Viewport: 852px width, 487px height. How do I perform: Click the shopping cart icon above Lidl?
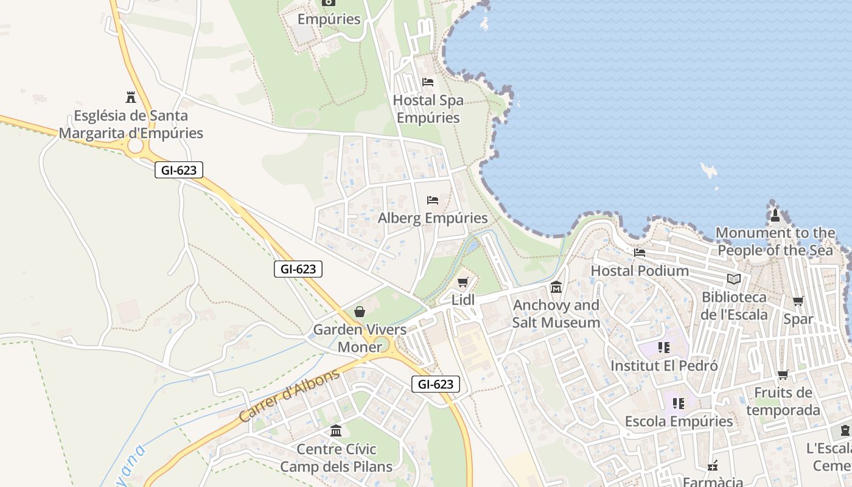(463, 282)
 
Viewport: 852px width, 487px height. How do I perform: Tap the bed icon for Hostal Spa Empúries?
(428, 82)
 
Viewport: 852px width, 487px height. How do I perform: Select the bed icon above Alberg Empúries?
(433, 200)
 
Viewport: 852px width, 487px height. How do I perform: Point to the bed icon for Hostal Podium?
(640, 253)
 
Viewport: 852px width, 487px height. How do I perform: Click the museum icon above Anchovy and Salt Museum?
(556, 287)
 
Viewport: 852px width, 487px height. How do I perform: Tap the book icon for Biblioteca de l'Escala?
(734, 279)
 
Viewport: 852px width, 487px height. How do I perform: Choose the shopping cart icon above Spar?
(798, 301)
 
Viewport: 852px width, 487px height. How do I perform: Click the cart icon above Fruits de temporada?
(783, 374)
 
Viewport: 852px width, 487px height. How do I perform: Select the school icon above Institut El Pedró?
(664, 348)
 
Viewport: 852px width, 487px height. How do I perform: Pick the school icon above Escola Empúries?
(679, 403)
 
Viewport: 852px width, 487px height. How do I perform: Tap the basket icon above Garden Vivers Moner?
(360, 312)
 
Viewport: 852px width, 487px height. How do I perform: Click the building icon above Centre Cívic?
(336, 431)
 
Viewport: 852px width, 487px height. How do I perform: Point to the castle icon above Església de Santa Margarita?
(130, 97)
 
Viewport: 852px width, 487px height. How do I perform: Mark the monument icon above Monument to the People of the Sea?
(775, 215)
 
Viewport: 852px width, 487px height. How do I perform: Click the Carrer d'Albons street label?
(289, 396)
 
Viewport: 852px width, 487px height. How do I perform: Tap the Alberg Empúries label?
(433, 218)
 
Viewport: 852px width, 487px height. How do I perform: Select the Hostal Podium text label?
(640, 270)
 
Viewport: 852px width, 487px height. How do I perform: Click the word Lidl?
(463, 300)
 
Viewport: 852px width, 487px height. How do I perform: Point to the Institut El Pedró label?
(664, 366)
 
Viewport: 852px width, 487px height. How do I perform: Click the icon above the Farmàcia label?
(713, 466)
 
